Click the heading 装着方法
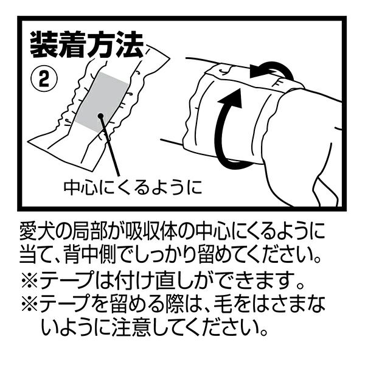click(86, 45)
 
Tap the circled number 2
click(44, 80)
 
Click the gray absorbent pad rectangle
click(101, 102)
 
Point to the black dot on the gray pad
click(100, 115)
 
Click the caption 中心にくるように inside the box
click(133, 187)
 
